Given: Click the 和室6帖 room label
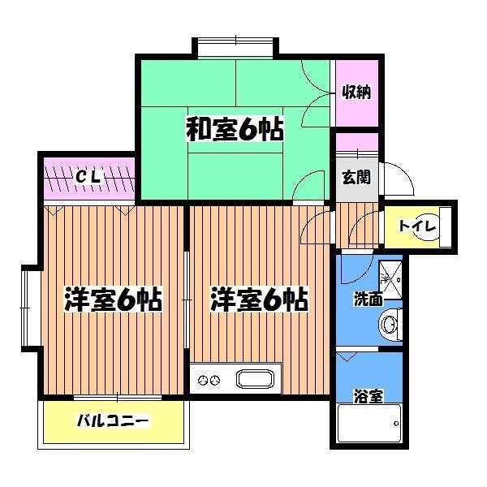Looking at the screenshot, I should coord(235,130).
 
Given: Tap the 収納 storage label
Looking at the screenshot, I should coord(356,92).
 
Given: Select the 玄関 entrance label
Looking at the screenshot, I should coord(356,175).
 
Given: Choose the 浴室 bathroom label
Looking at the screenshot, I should coord(368,397).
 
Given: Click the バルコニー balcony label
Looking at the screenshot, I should coord(112,421).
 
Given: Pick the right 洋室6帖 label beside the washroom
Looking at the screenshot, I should coord(259,300).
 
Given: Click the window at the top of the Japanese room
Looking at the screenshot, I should coord(235,46).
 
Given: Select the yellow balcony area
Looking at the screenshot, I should coord(114,422).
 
